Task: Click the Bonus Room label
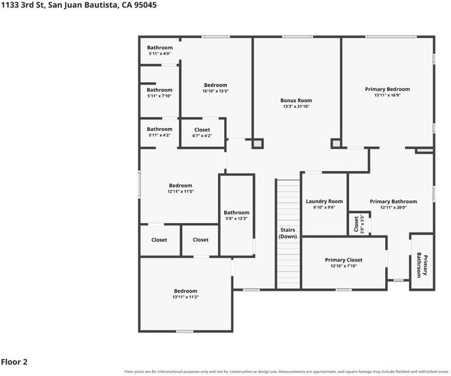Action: [296, 100]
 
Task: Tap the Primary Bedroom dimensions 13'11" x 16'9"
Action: [388, 95]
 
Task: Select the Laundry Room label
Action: [324, 201]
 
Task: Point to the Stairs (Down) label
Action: [288, 233]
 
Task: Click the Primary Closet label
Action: [343, 260]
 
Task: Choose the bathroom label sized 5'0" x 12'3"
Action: [236, 212]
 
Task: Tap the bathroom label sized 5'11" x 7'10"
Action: [159, 90]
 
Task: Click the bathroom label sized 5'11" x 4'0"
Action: [160, 48]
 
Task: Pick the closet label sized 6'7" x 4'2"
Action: [202, 130]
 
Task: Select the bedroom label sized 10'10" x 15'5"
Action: [215, 85]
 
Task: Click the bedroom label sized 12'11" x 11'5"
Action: [180, 185]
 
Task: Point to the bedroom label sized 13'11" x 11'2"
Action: [185, 291]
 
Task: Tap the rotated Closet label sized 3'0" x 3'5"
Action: [356, 224]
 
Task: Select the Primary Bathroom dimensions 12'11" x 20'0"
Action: [393, 207]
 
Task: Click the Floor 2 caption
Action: [14, 362]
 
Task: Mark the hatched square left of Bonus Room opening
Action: [257, 144]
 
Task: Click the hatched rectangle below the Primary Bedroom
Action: [425, 150]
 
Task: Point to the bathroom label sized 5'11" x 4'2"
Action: [159, 129]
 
